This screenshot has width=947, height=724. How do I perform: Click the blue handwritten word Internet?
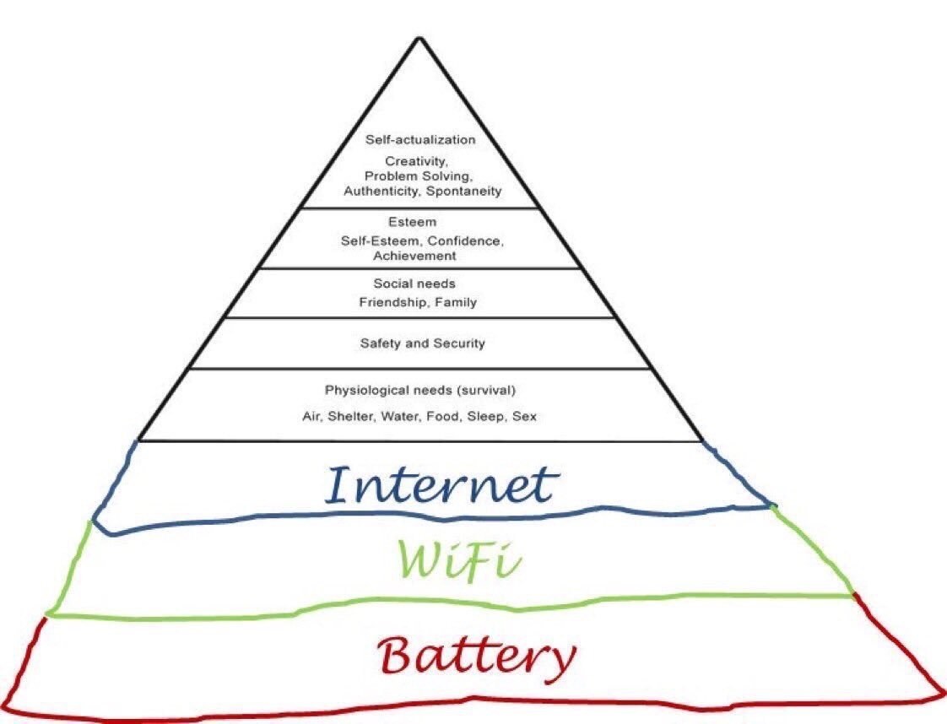tap(440, 484)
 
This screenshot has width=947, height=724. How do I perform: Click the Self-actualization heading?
tap(420, 139)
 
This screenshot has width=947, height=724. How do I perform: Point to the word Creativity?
tap(416, 161)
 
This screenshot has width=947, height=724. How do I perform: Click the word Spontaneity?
tap(464, 191)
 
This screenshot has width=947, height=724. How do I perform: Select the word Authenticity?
tap(383, 191)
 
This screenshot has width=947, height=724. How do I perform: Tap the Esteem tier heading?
tap(412, 222)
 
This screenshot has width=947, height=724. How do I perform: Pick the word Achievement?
tap(414, 256)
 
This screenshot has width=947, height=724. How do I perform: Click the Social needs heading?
tap(414, 284)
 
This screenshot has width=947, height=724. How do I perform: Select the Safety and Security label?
tap(423, 343)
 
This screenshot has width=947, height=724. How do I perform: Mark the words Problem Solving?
tap(418, 176)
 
